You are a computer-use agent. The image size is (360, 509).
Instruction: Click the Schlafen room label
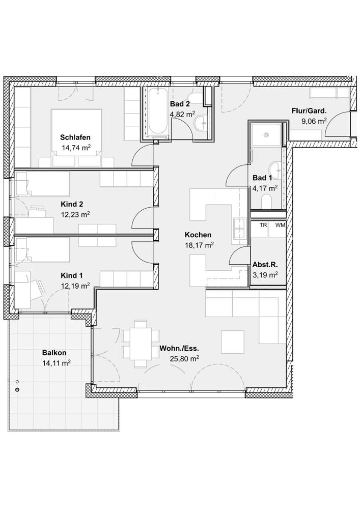pyautogui.click(x=75, y=137)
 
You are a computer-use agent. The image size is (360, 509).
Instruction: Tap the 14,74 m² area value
pyautogui.click(x=76, y=148)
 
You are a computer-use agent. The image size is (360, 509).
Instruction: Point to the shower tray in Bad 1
pyautogui.click(x=266, y=134)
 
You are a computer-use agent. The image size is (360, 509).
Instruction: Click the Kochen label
pyautogui.click(x=198, y=235)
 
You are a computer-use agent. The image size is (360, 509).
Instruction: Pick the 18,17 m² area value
pyautogui.click(x=199, y=245)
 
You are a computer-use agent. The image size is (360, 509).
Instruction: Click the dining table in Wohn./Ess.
pyautogui.click(x=141, y=344)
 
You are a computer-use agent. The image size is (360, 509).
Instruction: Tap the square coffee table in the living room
pyautogui.click(x=232, y=342)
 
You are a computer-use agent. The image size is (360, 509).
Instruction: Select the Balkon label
pyautogui.click(x=54, y=353)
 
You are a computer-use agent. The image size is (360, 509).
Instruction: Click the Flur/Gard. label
pyautogui.click(x=309, y=111)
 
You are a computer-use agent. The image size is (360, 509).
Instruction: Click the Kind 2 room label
pyautogui.click(x=72, y=204)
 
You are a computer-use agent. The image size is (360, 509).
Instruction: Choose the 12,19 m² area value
pyautogui.click(x=75, y=286)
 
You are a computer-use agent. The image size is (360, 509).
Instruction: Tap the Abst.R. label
pyautogui.click(x=265, y=265)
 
